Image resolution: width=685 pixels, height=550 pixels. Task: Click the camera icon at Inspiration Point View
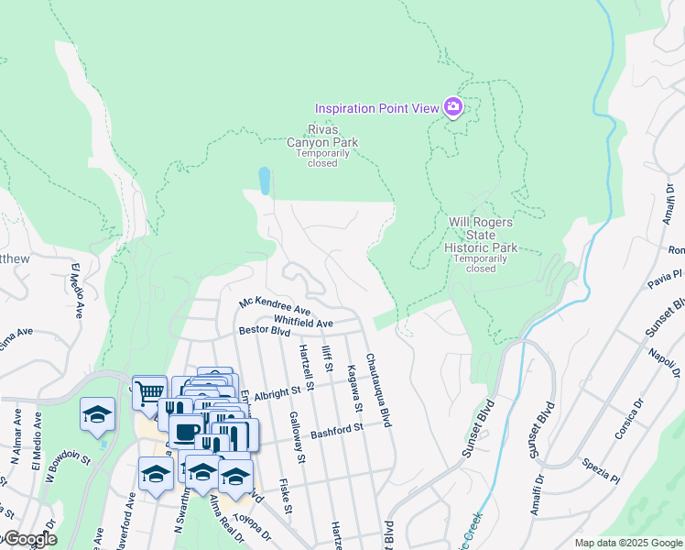(452, 108)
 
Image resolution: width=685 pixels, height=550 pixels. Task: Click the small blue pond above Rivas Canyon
(265, 181)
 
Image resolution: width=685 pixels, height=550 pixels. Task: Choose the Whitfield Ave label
(303, 322)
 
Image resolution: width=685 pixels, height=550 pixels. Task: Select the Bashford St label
(336, 427)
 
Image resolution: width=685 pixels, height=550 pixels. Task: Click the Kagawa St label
(352, 388)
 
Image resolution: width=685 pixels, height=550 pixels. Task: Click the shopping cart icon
(149, 391)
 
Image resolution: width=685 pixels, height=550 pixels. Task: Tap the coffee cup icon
(186, 431)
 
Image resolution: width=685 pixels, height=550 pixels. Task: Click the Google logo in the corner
(29, 539)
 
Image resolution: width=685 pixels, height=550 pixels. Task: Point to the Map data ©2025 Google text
(627, 543)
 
